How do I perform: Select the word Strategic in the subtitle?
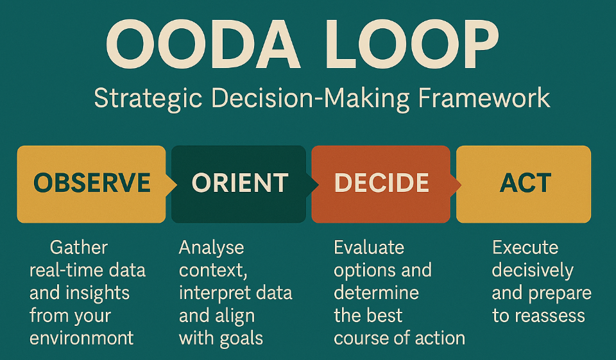pos(148,99)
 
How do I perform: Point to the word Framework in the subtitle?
pos(484,98)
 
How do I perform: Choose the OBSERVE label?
pos(92,183)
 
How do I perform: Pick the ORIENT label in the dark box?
pos(240,183)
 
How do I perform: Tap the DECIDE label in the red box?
pos(381,183)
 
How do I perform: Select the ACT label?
pos(526,183)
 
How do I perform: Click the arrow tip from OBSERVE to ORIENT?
pos(176,184)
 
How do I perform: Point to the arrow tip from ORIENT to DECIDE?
pos(318,184)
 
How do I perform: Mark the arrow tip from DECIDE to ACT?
pos(461,184)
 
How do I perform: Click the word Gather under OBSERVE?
pos(78,248)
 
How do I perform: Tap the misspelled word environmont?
pos(81,338)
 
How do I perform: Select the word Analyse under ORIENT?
pos(211,248)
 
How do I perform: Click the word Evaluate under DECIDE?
pos(369,248)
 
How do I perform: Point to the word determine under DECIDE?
pos(377,293)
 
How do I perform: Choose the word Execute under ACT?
pos(526,248)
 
